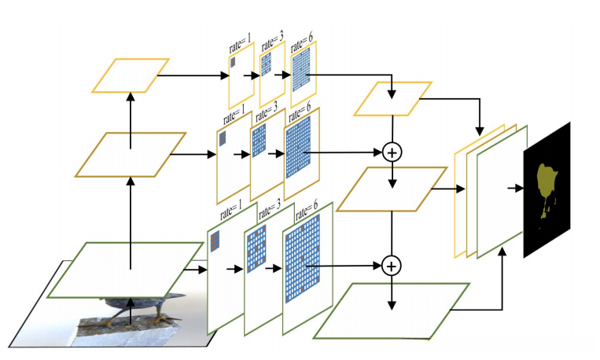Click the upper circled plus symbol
click(392, 152)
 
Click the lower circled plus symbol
click(392, 266)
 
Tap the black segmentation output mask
click(547, 190)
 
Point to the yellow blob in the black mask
click(547, 187)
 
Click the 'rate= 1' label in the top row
click(241, 43)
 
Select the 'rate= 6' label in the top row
click(302, 42)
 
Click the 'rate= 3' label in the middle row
click(267, 111)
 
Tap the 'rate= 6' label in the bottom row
click(307, 211)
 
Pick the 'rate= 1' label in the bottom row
click(231, 211)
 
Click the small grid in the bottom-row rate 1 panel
click(215, 241)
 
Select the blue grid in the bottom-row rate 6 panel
click(302, 259)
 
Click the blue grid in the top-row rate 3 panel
click(266, 64)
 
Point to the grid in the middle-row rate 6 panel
click(299, 147)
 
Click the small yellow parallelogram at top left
click(131, 75)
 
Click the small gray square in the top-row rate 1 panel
click(233, 62)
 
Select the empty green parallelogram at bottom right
click(392, 310)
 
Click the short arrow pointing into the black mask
click(515, 188)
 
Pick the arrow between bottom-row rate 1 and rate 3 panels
click(234, 270)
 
